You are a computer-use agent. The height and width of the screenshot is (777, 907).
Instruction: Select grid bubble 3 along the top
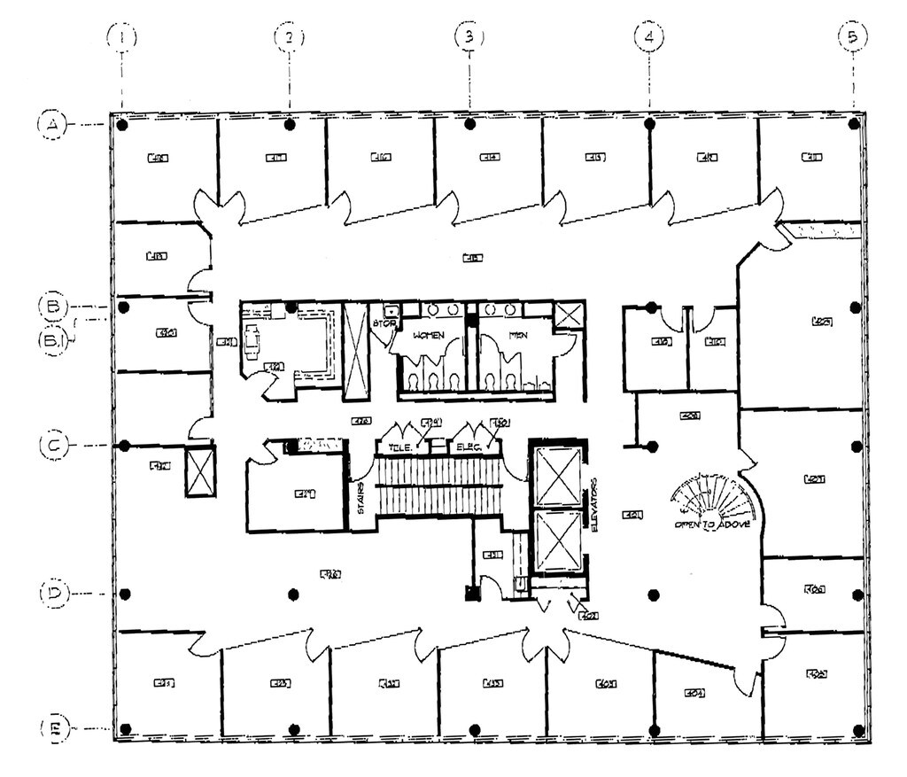click(469, 36)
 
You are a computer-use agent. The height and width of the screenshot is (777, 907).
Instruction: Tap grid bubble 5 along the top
click(853, 36)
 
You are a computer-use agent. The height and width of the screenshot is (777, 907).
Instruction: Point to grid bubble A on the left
click(52, 125)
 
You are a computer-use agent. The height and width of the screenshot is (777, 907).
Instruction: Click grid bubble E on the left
click(52, 729)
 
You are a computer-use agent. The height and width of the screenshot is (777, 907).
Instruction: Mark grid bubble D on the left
click(52, 592)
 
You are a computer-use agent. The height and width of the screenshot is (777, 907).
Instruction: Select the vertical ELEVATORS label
click(593, 505)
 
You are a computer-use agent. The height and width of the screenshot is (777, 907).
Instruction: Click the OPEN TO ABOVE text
click(713, 524)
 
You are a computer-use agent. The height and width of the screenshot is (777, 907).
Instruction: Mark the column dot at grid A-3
click(469, 124)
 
